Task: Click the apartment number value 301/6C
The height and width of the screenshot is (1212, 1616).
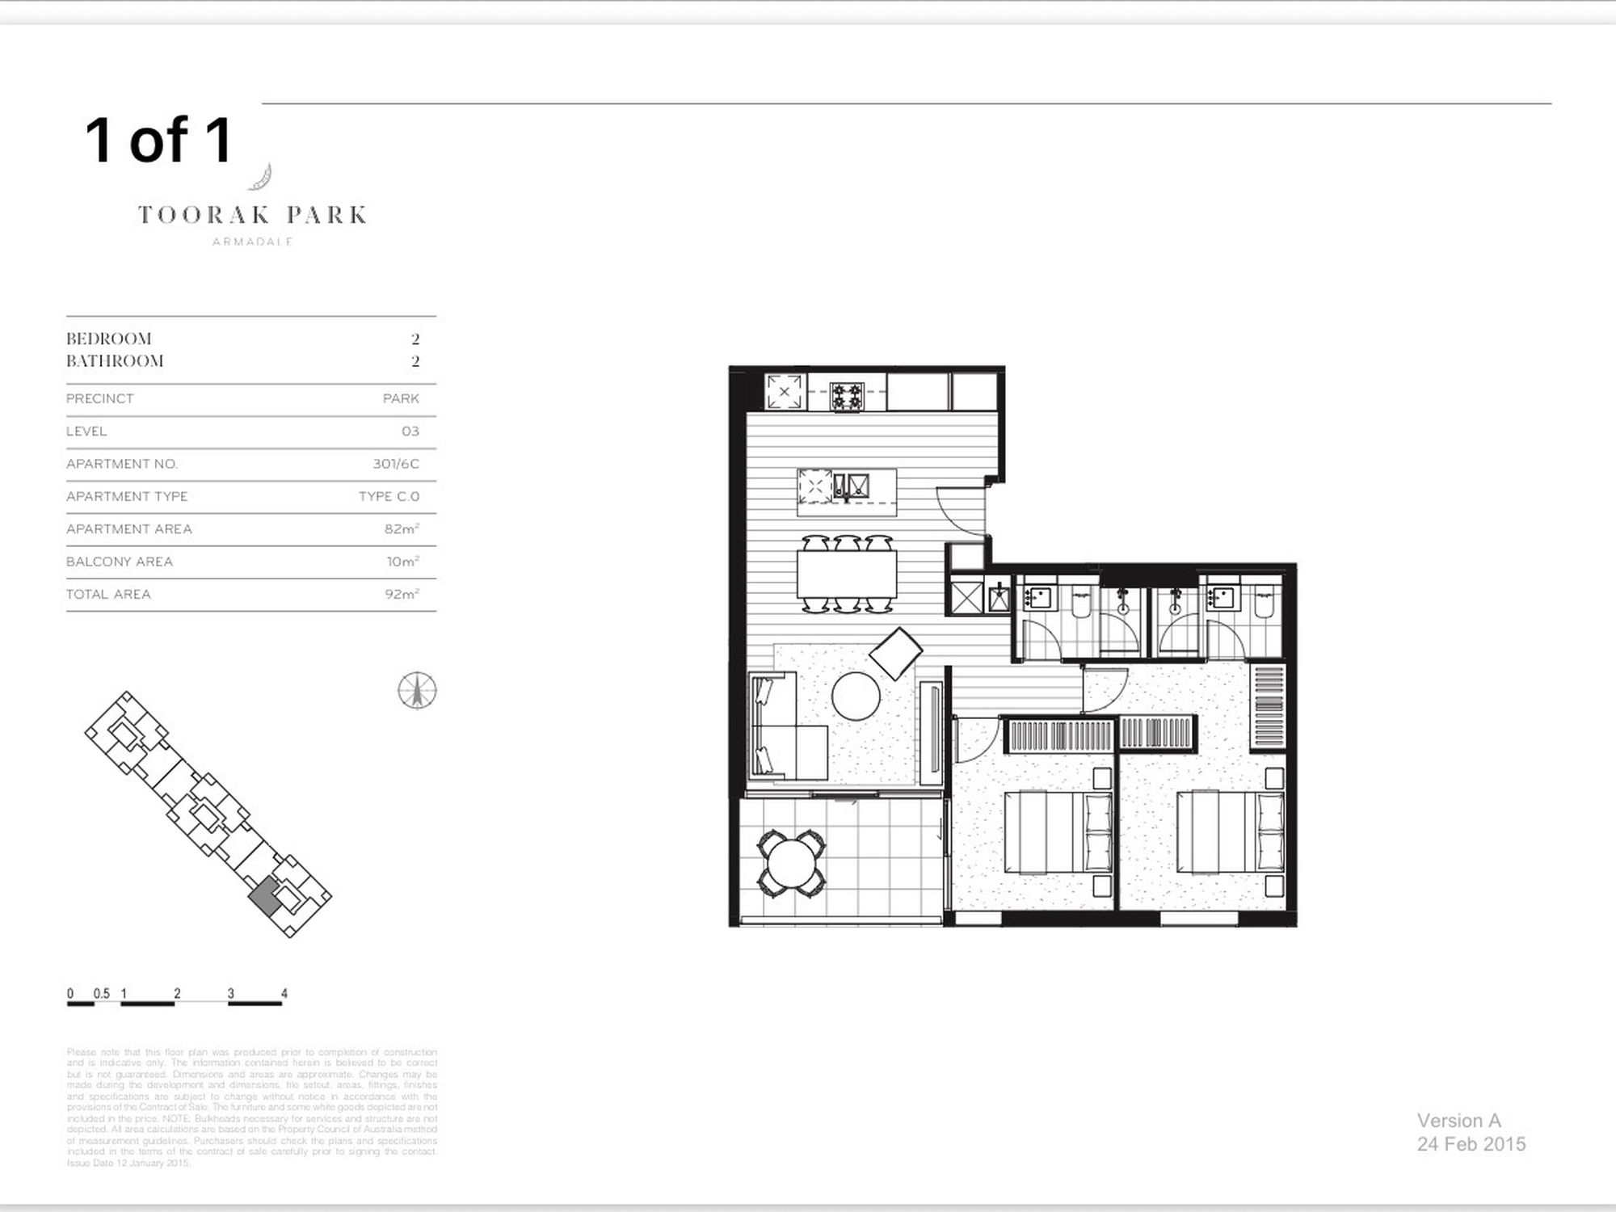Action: coord(396,464)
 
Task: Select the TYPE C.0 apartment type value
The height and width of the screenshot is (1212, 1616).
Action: coord(389,496)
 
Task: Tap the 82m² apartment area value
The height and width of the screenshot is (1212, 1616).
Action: coord(402,528)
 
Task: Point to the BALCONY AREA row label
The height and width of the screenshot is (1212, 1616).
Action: coord(120,562)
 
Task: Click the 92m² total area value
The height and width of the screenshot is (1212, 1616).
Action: coord(402,594)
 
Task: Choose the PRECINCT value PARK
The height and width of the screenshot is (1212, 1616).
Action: coord(401,398)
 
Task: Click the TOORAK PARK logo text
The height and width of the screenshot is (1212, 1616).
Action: coord(253,215)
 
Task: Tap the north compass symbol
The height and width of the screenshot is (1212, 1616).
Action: coord(417,691)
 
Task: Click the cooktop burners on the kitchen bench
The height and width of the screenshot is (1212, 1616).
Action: coord(847,396)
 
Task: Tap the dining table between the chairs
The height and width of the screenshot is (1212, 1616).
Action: coord(847,574)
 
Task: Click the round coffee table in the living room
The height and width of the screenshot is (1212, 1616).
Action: coord(856,696)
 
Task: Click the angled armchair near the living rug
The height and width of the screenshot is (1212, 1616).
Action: coord(894,653)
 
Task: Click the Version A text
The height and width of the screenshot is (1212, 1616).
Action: coord(1458,1121)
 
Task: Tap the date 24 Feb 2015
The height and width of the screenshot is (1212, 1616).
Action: coord(1471,1144)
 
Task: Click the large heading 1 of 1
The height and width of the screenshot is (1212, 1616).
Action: coord(159,141)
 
